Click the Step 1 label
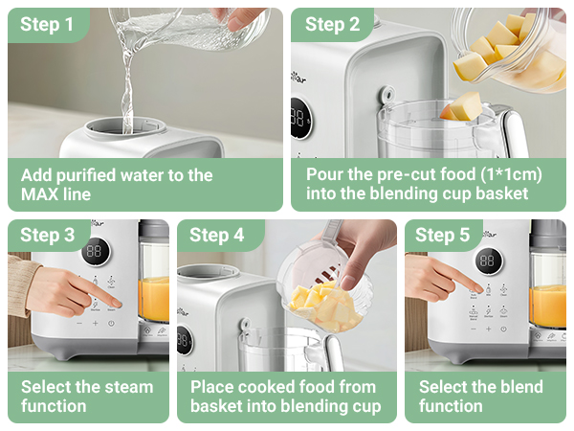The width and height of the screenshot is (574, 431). pyautogui.click(x=47, y=25)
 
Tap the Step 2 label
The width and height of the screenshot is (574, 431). pyautogui.click(x=332, y=25)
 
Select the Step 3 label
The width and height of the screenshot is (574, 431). pyautogui.click(x=47, y=236)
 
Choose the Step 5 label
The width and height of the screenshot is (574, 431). pyautogui.click(x=443, y=236)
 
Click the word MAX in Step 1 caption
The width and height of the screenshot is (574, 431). pyautogui.click(x=43, y=194)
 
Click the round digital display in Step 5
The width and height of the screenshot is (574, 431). pyautogui.click(x=489, y=260)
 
